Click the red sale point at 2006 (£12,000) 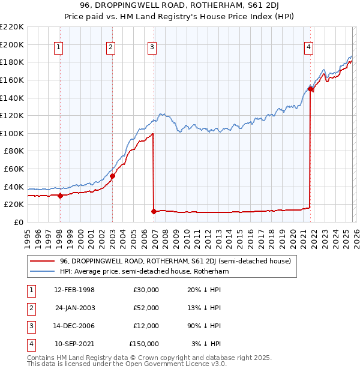(154, 211)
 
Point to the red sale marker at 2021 (310, 89)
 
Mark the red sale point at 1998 (60, 196)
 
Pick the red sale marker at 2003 (112, 176)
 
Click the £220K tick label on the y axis (13, 27)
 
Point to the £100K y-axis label (13, 133)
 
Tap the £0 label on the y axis (18, 222)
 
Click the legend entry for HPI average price (143, 271)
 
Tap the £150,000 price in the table (144, 344)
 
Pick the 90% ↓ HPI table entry (203, 326)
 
